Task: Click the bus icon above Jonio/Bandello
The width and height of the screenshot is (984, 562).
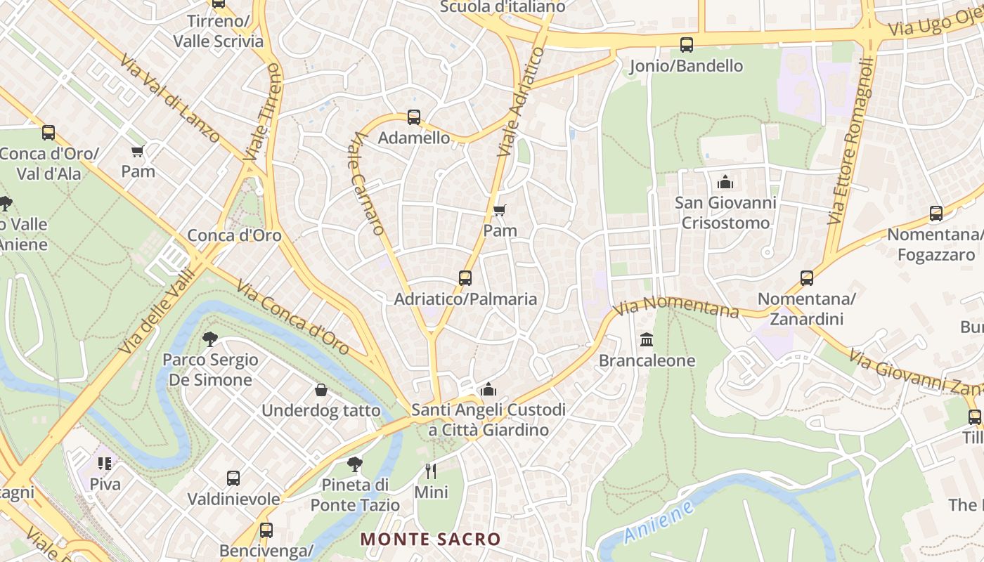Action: pyautogui.click(x=687, y=45)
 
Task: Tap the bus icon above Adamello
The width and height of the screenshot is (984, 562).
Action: pyautogui.click(x=414, y=117)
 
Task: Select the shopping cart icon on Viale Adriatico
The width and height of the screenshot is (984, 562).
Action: pyautogui.click(x=500, y=210)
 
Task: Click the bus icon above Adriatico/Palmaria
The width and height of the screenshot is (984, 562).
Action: pyautogui.click(x=465, y=278)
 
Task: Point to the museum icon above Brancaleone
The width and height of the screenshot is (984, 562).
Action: pyautogui.click(x=647, y=340)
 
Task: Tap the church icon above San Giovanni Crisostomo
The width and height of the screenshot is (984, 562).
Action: pyautogui.click(x=725, y=183)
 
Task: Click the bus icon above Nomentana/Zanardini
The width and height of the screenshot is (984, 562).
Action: pyautogui.click(x=807, y=278)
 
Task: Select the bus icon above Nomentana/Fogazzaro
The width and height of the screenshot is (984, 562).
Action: pyautogui.click(x=936, y=214)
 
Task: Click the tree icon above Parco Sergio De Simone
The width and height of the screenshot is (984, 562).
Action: pyautogui.click(x=209, y=339)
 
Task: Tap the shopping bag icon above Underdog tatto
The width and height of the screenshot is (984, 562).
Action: pyautogui.click(x=321, y=390)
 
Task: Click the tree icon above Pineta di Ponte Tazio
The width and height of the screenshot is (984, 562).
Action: pyautogui.click(x=355, y=464)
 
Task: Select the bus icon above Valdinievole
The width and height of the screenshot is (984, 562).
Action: pyautogui.click(x=233, y=478)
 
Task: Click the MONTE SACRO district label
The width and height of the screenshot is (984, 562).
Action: pyautogui.click(x=431, y=540)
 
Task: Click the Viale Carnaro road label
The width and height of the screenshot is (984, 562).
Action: pyautogui.click(x=368, y=183)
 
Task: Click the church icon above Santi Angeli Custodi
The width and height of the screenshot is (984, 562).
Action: pyautogui.click(x=488, y=389)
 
